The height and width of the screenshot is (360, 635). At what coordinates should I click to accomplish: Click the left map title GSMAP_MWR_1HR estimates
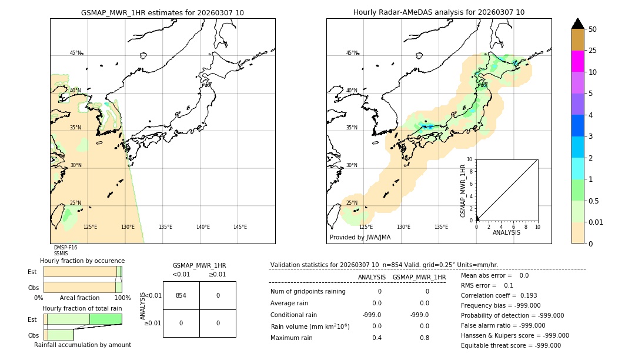pos(162,12)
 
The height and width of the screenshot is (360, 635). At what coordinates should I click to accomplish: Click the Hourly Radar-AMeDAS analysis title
pos(439,12)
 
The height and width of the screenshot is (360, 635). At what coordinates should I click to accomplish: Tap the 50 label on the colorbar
pos(593,29)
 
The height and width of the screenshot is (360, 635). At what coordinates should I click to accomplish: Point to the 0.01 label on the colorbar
pos(596,222)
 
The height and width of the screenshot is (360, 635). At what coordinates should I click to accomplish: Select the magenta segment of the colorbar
pos(577,61)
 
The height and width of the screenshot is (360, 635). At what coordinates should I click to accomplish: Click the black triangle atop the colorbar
pos(577,24)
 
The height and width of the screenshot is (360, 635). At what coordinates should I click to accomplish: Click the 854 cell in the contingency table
pos(181,295)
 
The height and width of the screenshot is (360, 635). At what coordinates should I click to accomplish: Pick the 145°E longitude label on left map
pos(240,227)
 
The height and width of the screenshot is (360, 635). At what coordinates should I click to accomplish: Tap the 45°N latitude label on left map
pos(76,53)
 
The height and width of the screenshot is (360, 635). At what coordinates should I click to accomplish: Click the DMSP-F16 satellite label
pos(65,248)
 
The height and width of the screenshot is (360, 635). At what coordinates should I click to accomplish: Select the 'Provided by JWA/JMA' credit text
pos(360,238)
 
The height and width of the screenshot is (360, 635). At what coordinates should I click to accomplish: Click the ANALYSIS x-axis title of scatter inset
pos(506,233)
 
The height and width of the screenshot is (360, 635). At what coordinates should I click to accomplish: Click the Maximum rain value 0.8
pos(424,338)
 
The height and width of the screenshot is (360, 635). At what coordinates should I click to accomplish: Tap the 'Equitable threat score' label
pos(494,345)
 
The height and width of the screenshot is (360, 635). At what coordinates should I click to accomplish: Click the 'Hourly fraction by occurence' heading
pos(82,261)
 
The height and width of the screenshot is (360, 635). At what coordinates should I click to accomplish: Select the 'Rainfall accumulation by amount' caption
pos(82,345)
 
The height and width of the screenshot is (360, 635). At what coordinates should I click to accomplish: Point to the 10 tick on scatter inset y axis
pos(470,159)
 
